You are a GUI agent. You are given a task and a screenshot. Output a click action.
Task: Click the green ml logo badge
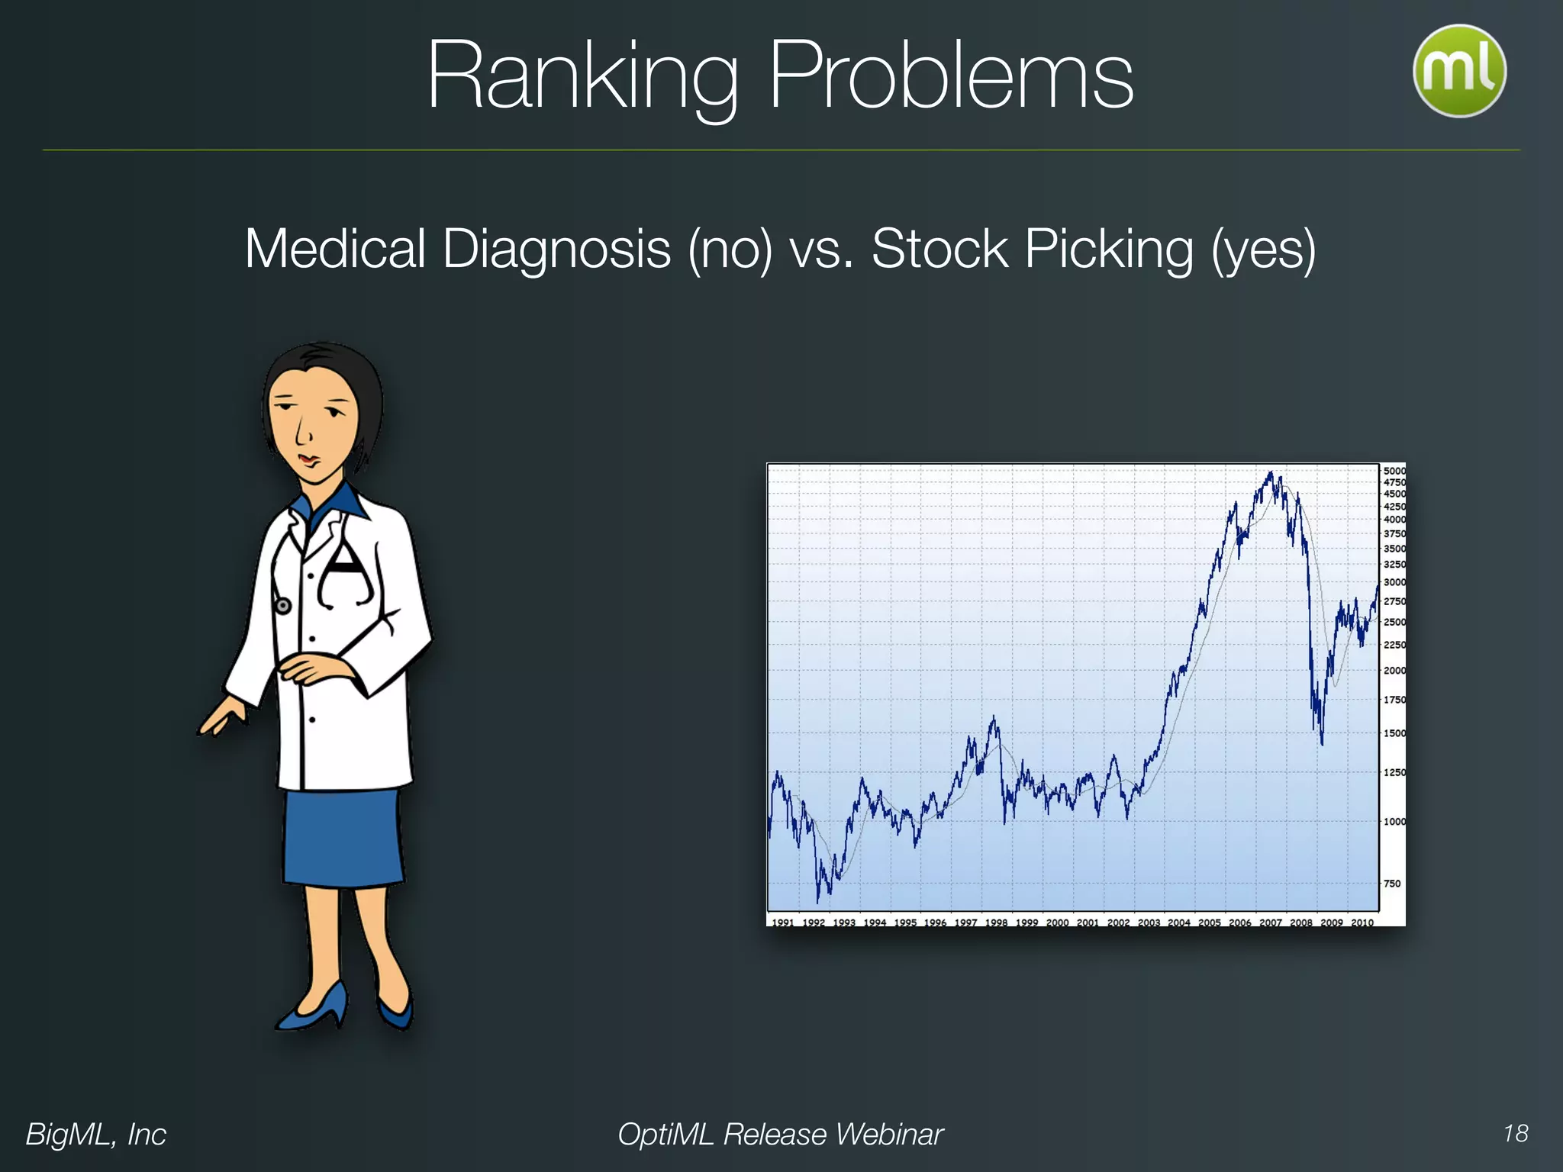(1459, 71)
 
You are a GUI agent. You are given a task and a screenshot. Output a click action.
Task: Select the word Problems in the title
(950, 76)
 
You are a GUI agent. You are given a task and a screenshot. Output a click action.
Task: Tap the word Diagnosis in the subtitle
(556, 250)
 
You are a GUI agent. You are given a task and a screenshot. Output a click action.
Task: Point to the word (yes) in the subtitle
(1263, 250)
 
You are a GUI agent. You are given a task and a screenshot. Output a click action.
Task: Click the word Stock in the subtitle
(939, 250)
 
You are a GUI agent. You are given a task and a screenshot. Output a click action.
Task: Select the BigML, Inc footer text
(96, 1134)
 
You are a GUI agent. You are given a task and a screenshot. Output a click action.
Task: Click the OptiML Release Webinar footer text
(780, 1134)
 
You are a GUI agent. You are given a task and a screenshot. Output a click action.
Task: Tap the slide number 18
(1515, 1133)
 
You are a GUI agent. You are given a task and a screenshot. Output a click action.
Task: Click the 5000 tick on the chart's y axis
(1394, 471)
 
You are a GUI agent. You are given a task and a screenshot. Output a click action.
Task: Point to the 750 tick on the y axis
(1392, 884)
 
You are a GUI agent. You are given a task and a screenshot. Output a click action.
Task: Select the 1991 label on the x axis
(783, 922)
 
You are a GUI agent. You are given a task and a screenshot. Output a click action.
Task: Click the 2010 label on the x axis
(1362, 922)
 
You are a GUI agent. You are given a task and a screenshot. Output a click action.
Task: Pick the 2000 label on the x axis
(1057, 922)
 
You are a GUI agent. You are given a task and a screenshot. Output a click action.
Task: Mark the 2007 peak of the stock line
(1271, 475)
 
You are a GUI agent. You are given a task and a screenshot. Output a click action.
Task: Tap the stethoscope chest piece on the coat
(282, 607)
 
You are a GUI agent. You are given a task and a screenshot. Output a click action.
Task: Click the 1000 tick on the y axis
(1394, 822)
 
